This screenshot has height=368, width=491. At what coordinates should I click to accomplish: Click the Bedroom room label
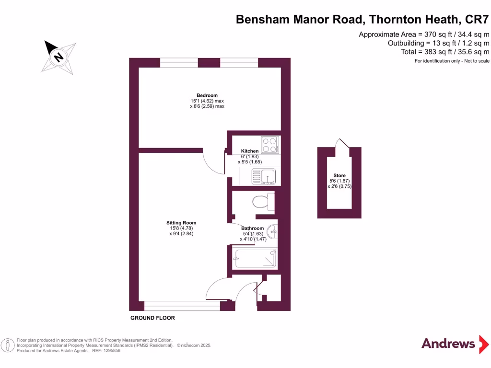coord(207,95)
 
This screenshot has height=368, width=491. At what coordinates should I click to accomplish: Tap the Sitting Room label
coord(181,223)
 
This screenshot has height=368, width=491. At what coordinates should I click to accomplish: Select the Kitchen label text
coord(250,151)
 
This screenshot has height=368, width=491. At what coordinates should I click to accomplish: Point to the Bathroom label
coord(252,229)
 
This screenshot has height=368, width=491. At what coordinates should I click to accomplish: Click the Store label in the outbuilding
coord(339,175)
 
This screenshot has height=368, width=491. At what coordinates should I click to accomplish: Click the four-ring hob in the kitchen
coord(270,145)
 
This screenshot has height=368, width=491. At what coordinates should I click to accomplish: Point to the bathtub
coord(255,258)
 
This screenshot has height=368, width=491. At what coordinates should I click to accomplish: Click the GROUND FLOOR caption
coord(152,318)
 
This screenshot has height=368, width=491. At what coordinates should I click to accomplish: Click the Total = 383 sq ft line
coord(445,52)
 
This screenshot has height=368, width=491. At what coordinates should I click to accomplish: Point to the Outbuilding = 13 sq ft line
coord(438,43)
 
